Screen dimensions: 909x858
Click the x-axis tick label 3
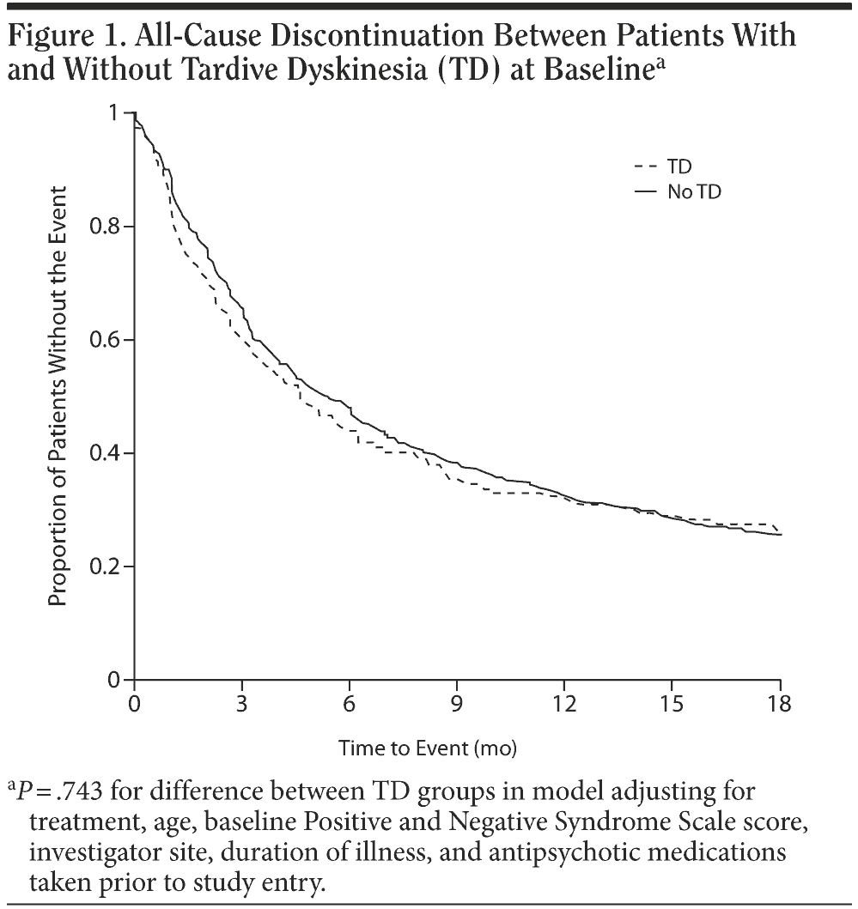pos(242,705)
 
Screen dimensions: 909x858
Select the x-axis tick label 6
pos(350,705)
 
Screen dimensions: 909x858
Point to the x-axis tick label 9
pos(457,705)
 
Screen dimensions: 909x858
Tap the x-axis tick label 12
pos(564,705)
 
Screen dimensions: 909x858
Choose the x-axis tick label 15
pos(672,705)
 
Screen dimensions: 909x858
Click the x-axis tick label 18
pos(779,705)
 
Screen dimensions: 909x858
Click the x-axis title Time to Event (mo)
pos(428,748)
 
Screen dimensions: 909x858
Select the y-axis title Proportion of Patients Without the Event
pos(58,395)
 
